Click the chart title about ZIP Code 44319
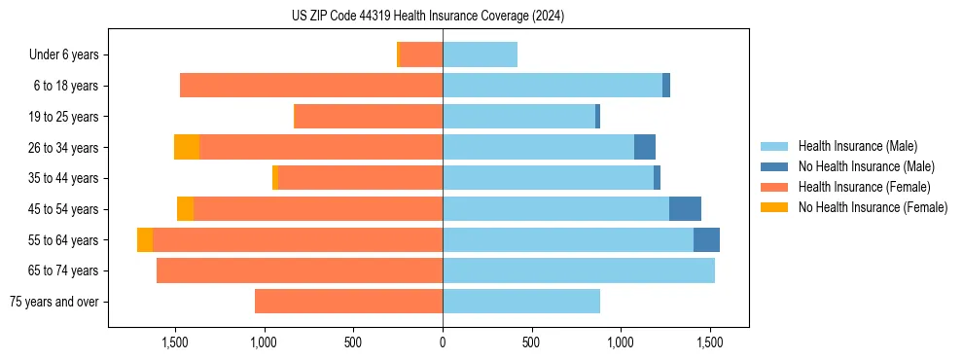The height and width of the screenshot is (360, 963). point(428,17)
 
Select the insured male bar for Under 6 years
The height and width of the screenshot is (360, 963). point(480,54)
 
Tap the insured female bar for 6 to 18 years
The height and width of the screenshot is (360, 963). point(311,86)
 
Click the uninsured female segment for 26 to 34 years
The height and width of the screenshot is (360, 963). point(187,147)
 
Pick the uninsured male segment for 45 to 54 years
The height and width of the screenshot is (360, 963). point(685,208)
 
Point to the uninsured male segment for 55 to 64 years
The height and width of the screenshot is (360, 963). point(706,239)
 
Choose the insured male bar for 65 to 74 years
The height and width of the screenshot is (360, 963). point(579,270)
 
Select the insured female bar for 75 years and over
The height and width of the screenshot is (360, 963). point(348,302)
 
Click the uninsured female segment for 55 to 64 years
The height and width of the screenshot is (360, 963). point(145,239)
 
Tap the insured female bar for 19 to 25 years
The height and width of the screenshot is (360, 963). point(368,117)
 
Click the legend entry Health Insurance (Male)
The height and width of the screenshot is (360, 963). point(857,146)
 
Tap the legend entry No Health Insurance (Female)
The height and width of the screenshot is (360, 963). point(873,207)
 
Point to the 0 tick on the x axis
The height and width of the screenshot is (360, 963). point(443,342)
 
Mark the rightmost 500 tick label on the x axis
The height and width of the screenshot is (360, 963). point(530,342)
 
